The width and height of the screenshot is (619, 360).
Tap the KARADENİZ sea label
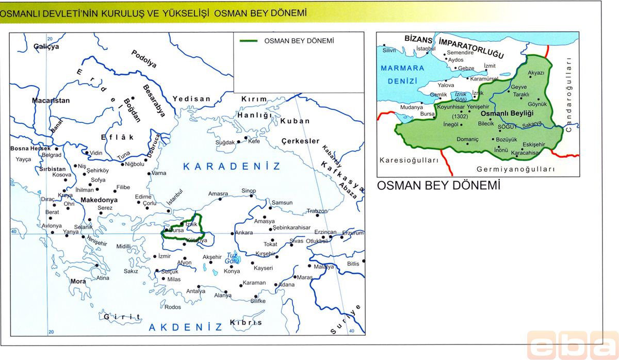click(233, 166)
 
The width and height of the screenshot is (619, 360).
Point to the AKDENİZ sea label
click(185, 327)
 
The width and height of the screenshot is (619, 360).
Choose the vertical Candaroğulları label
click(569, 95)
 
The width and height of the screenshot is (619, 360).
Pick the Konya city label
click(232, 271)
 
